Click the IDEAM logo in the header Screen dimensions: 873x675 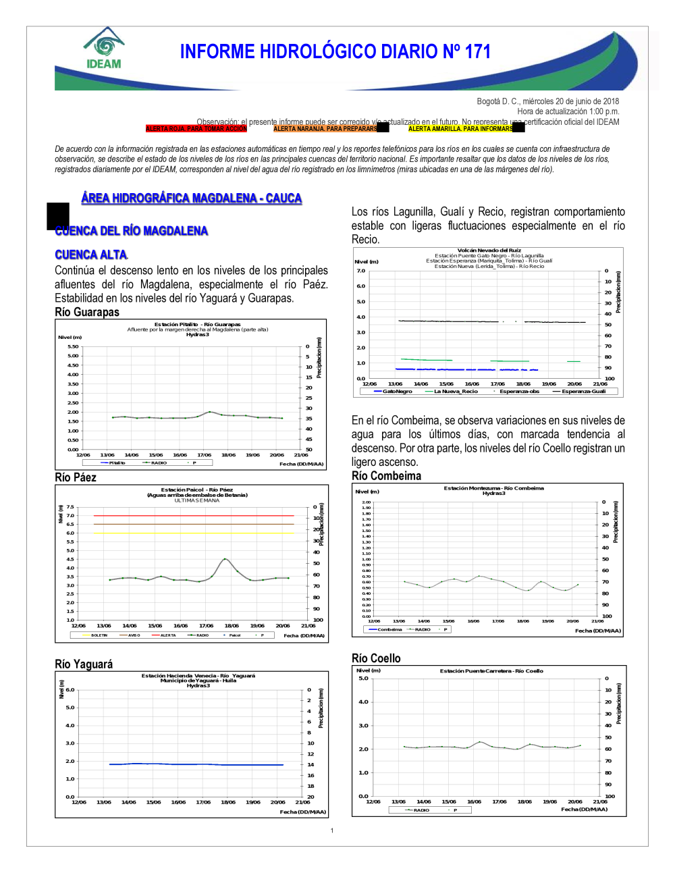tap(104, 49)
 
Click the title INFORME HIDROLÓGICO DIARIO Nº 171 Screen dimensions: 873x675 tap(335, 52)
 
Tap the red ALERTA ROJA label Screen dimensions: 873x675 tap(196, 128)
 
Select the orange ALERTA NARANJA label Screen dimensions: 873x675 tap(325, 128)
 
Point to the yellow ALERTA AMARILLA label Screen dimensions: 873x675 tap(460, 128)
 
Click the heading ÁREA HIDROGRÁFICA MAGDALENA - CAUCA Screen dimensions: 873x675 tap(191, 198)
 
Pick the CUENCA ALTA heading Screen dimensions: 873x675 tap(91, 255)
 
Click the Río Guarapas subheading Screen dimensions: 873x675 tap(87, 312)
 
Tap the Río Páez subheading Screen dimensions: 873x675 tap(76, 477)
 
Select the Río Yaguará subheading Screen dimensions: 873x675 tap(84, 664)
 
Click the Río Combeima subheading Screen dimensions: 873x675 tap(386, 476)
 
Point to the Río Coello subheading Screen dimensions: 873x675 tap(376, 658)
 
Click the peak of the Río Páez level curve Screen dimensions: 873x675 tap(225, 559)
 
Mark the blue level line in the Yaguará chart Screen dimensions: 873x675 tap(196, 764)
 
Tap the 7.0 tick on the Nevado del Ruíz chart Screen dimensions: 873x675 tap(361, 271)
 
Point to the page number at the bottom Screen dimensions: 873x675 tap(332, 830)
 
